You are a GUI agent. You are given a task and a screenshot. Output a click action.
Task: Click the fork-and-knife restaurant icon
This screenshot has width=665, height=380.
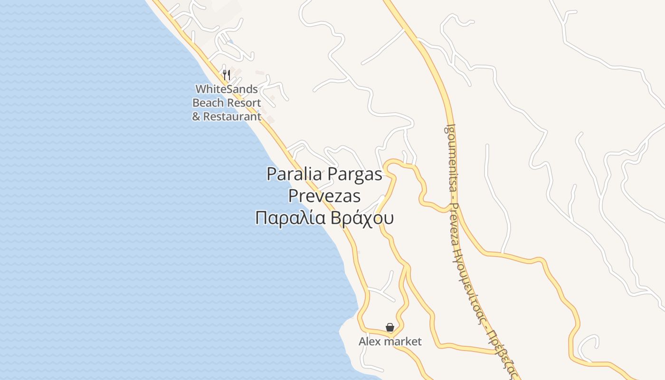click(227, 75)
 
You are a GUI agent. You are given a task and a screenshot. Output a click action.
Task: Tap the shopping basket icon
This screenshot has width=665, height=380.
click(390, 327)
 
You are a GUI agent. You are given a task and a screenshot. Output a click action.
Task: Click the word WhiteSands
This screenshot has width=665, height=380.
click(227, 89)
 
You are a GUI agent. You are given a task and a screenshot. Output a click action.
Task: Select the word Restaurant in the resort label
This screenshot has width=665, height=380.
click(232, 116)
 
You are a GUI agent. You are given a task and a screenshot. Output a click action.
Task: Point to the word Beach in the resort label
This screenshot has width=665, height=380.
click(208, 103)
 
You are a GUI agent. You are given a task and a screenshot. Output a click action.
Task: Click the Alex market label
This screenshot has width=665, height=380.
click(390, 342)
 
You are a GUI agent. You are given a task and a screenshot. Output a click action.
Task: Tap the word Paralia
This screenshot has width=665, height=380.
click(293, 174)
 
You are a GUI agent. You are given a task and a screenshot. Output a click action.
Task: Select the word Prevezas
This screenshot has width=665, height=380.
click(324, 196)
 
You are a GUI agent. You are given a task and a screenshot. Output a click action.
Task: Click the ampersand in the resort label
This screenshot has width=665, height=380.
click(196, 116)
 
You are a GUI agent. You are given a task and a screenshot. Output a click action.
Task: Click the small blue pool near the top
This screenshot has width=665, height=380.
click(230, 42)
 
